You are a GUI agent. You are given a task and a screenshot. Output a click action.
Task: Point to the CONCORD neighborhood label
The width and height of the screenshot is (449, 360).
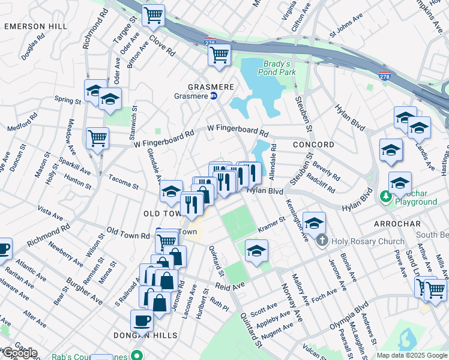pyautogui.click(x=313, y=145)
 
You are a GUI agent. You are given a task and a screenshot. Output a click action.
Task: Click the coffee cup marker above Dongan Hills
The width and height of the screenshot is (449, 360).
pyautogui.click(x=142, y=321)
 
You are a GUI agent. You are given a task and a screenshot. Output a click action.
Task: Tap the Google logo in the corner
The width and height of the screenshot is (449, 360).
pyautogui.click(x=19, y=353)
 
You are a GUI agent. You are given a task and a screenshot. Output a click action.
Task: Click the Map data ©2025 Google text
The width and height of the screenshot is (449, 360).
pyautogui.click(x=411, y=355)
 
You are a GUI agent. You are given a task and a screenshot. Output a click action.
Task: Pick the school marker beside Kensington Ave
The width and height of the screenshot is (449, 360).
pyautogui.click(x=314, y=224)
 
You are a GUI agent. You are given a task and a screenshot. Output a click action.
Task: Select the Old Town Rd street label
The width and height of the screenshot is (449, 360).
pyautogui.click(x=128, y=234)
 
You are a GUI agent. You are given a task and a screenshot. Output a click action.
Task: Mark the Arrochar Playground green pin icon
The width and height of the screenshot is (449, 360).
pyautogui.click(x=385, y=196)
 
